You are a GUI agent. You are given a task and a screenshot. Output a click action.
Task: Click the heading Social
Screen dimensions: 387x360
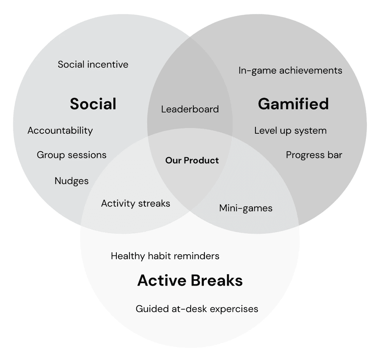tap(93, 104)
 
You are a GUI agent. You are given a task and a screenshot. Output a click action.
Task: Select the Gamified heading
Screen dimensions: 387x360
tap(293, 104)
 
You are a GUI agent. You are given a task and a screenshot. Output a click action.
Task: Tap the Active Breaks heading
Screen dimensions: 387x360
tap(190, 280)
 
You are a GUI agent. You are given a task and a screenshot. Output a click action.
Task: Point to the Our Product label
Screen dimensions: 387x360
tap(192, 160)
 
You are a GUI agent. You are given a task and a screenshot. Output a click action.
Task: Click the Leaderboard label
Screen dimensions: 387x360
tap(190, 109)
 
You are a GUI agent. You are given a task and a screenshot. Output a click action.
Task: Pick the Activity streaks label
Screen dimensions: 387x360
tap(135, 203)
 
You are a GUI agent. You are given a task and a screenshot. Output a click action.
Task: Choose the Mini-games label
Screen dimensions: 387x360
tap(246, 208)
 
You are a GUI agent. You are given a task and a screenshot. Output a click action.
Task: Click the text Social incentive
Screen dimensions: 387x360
tap(93, 64)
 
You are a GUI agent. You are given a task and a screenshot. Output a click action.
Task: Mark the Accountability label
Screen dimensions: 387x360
tap(60, 131)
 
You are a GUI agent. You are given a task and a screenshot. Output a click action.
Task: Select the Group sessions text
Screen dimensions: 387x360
tap(71, 155)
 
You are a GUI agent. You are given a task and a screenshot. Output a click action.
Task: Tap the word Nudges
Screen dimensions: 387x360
tap(71, 181)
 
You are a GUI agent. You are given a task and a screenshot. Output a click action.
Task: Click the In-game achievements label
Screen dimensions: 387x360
tap(290, 71)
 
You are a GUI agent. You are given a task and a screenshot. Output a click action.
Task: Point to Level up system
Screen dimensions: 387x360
tap(290, 131)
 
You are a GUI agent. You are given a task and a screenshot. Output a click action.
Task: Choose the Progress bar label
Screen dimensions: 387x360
tap(314, 155)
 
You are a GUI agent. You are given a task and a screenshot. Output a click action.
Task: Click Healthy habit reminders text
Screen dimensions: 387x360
tap(165, 256)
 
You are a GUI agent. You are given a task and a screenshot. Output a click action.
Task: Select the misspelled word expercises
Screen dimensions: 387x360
tap(234, 309)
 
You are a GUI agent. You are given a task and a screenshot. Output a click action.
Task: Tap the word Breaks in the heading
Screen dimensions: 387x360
tap(217, 280)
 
